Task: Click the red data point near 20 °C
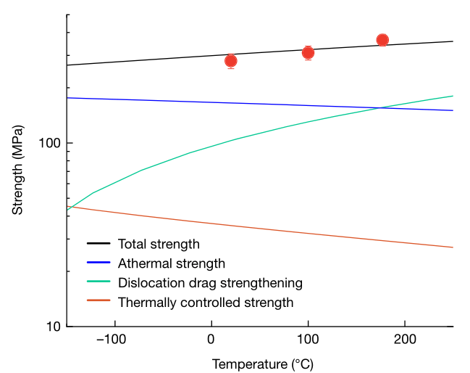click(230, 61)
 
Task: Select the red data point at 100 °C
click(308, 52)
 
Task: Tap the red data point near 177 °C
click(382, 40)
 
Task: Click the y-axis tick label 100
click(48, 143)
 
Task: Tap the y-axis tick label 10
click(51, 327)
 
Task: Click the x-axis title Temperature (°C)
click(262, 364)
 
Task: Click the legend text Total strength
click(159, 244)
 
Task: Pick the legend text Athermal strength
click(172, 263)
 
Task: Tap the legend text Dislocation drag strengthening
click(210, 283)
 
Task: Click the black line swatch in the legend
click(98, 245)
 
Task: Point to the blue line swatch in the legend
click(98, 264)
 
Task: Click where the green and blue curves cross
click(381, 108)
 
